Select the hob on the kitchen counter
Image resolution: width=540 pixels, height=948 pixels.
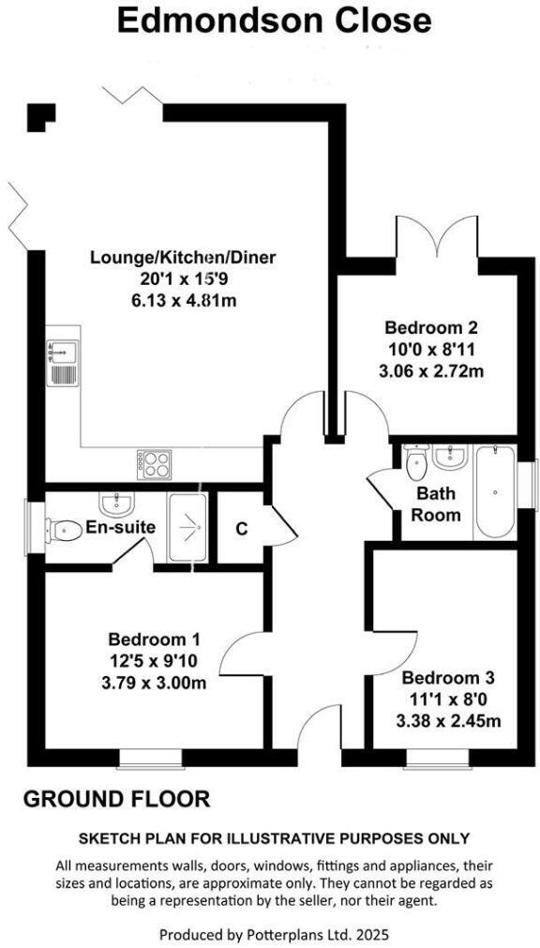tap(155, 461)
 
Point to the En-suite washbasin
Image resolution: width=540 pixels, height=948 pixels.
tap(117, 504)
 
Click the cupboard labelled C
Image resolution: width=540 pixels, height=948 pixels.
tap(241, 528)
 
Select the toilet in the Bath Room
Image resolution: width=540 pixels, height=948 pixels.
tap(417, 459)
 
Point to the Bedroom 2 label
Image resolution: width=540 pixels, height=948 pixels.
tap(431, 328)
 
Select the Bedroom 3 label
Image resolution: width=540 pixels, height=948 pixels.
tap(447, 677)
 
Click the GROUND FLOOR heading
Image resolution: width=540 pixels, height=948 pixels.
tap(116, 799)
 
